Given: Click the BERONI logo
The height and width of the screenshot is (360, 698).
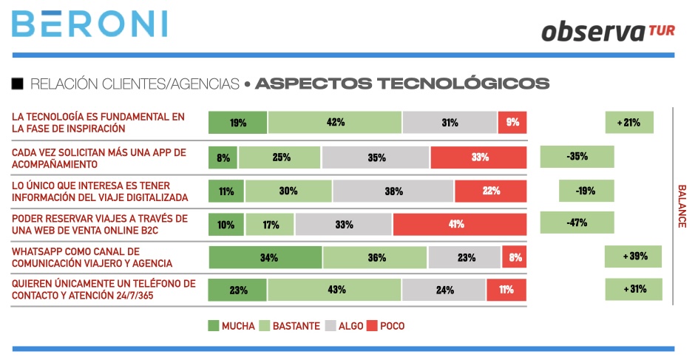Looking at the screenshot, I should pyautogui.click(x=89, y=24).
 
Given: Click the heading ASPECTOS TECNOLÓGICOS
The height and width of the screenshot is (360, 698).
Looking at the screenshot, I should pyautogui.click(x=401, y=83).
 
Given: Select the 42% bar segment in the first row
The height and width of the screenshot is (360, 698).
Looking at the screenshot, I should pyautogui.click(x=335, y=123).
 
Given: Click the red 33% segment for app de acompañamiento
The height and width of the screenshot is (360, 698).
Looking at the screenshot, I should pyautogui.click(x=478, y=157).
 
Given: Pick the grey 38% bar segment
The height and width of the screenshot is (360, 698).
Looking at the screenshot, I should pyautogui.click(x=393, y=191).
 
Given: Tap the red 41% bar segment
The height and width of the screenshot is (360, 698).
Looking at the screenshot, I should pyautogui.click(x=460, y=224).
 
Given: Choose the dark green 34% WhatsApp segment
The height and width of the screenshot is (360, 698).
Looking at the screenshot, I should pyautogui.click(x=265, y=257).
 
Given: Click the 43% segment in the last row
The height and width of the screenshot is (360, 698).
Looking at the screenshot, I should pyautogui.click(x=335, y=290).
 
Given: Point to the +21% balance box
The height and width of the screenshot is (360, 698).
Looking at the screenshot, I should pyautogui.click(x=629, y=123).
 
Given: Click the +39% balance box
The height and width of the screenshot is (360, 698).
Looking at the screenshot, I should pyautogui.click(x=633, y=257).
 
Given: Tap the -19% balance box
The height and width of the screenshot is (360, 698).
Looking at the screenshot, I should pyautogui.click(x=586, y=191).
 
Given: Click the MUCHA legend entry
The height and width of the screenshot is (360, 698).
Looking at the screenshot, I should pyautogui.click(x=231, y=325).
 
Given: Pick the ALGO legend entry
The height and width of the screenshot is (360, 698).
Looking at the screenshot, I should pyautogui.click(x=346, y=325).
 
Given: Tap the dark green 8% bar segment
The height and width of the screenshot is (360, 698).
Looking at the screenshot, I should pyautogui.click(x=223, y=157).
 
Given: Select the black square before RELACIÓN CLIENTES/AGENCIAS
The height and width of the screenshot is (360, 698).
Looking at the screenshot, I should pyautogui.click(x=18, y=83).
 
